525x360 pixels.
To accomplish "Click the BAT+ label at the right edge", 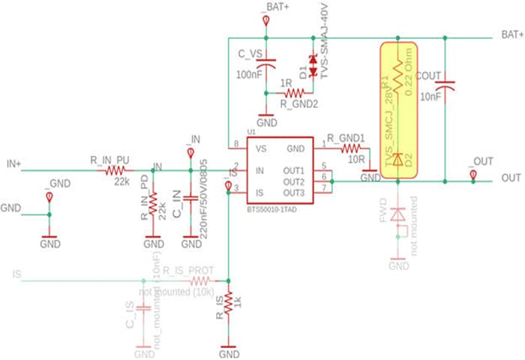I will [x=511, y=35].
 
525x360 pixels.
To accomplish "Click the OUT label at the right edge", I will [x=511, y=178].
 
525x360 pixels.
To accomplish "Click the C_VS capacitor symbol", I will [x=266, y=66].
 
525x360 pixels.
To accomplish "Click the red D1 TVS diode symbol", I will [x=313, y=59].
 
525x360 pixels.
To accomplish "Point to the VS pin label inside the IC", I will [x=260, y=148].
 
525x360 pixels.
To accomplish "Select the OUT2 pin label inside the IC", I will [x=294, y=181].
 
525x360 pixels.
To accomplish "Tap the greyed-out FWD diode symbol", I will [x=399, y=214].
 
